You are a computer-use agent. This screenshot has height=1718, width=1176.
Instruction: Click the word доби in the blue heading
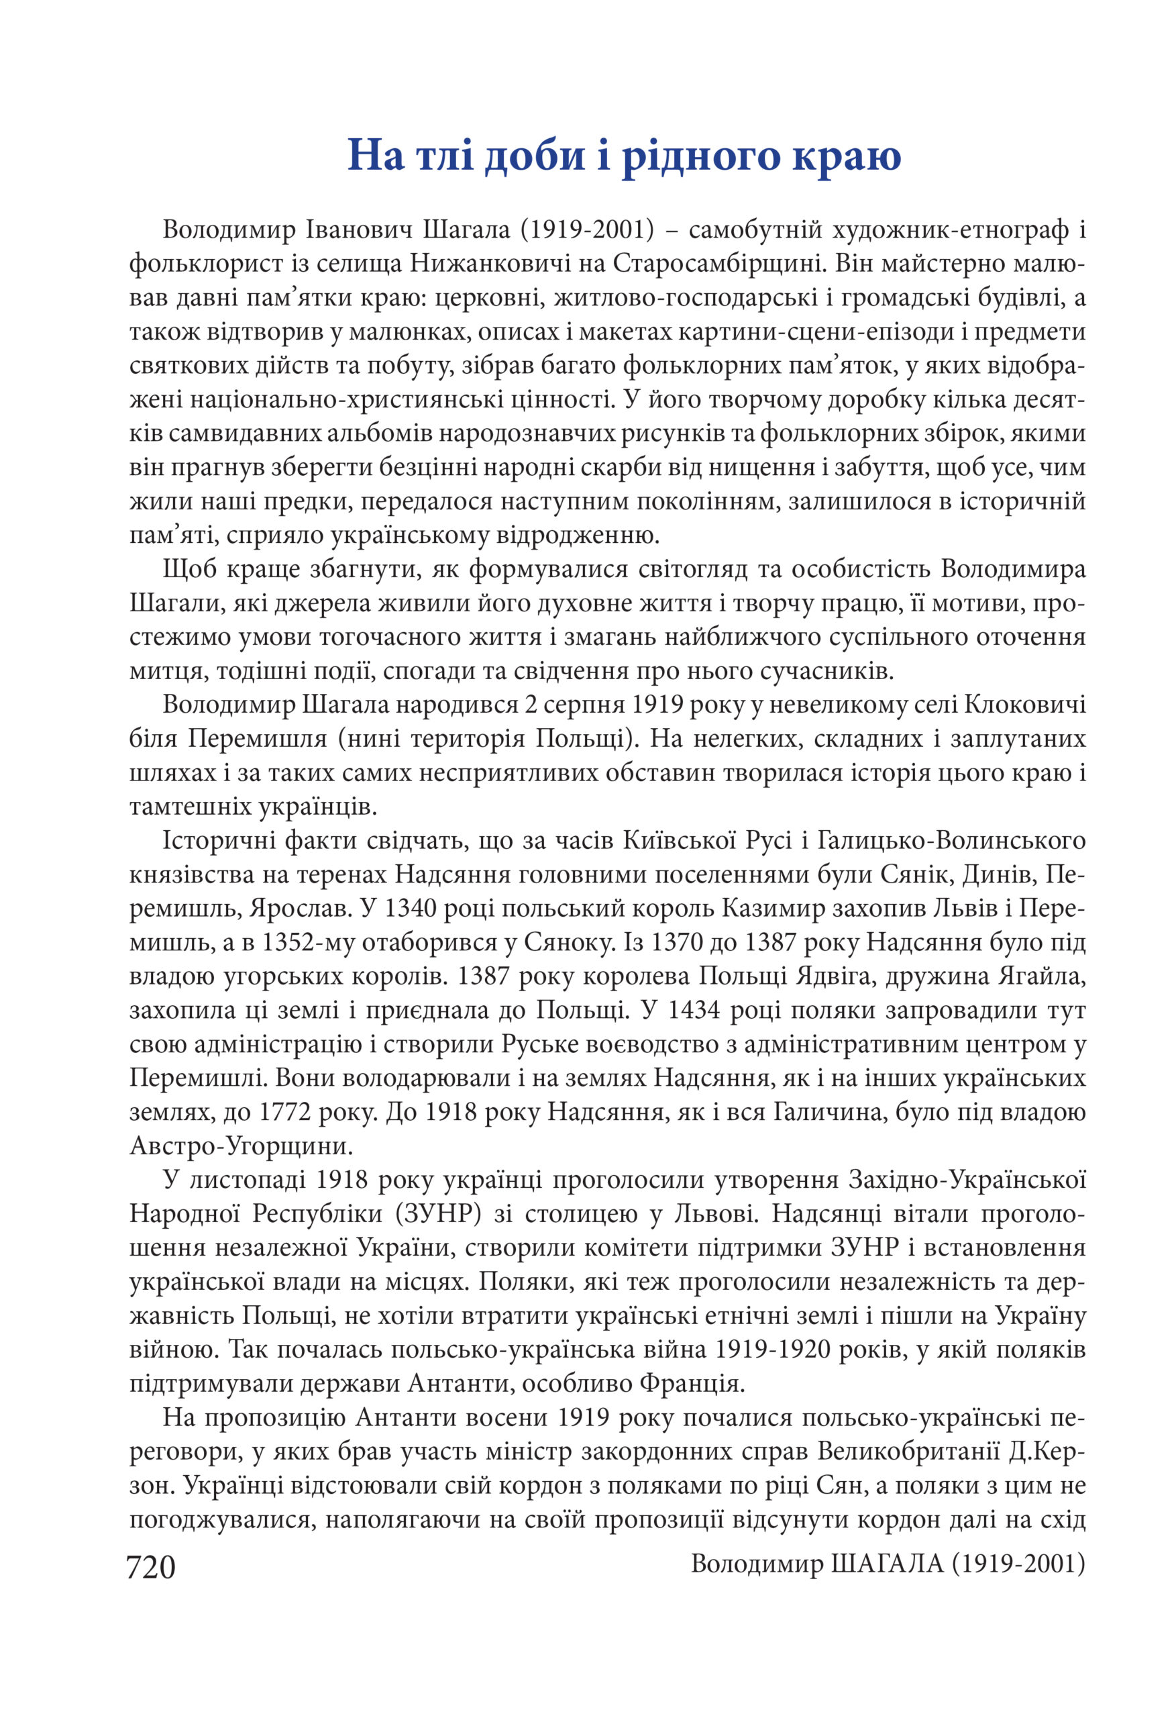click(535, 156)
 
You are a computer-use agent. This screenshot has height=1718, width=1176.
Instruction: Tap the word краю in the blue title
click(847, 156)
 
